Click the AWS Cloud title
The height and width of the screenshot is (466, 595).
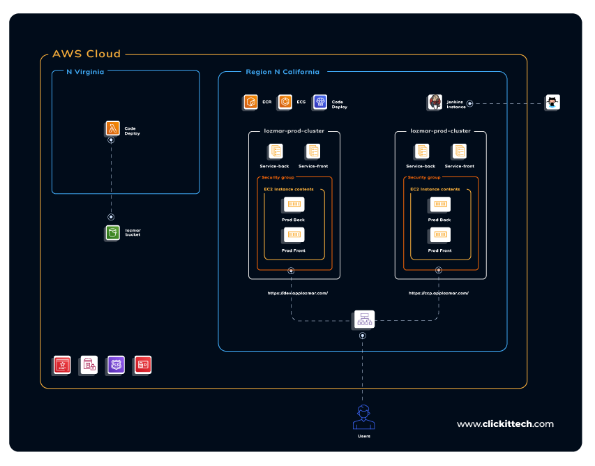pyautogui.click(x=86, y=54)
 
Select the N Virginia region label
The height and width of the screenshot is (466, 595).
pyautogui.click(x=85, y=71)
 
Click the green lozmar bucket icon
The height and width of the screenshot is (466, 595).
pyautogui.click(x=112, y=233)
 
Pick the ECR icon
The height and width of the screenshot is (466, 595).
pyautogui.click(x=250, y=103)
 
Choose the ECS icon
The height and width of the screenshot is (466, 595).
pyautogui.click(x=285, y=103)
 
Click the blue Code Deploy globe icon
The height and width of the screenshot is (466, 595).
pyautogui.click(x=320, y=103)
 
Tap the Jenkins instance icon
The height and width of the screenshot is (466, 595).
pyautogui.click(x=435, y=103)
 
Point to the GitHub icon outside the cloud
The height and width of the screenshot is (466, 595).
pyautogui.click(x=552, y=103)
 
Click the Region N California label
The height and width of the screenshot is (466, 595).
pyautogui.click(x=283, y=72)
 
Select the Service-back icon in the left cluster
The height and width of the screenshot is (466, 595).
pyautogui.click(x=275, y=151)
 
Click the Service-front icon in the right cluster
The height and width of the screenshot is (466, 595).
pyautogui.click(x=460, y=151)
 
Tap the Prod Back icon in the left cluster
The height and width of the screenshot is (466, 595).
pyautogui.click(x=294, y=204)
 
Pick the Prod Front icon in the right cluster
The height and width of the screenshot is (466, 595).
pyautogui.click(x=440, y=235)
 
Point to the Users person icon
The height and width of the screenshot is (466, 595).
pyautogui.click(x=363, y=416)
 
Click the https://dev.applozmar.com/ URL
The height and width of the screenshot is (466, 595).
pyautogui.click(x=298, y=293)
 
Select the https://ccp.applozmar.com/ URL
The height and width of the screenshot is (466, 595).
pyautogui.click(x=439, y=293)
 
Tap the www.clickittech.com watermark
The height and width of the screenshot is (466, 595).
pyautogui.click(x=505, y=423)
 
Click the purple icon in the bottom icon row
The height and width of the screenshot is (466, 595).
pyautogui.click(x=116, y=364)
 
